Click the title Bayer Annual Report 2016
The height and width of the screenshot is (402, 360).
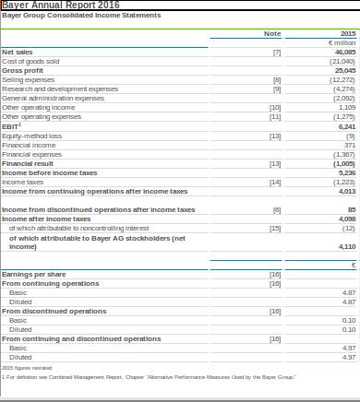click(61, 6)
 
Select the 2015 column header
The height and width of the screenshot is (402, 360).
click(347, 34)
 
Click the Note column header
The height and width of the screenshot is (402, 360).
click(272, 34)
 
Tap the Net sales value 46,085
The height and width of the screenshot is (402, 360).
click(344, 53)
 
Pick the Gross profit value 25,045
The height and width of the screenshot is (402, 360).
click(344, 70)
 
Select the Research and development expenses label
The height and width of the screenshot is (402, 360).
click(60, 89)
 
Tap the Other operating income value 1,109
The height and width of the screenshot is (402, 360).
click(346, 108)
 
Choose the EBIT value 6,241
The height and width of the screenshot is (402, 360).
click(346, 126)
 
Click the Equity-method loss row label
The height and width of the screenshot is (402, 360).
click(32, 136)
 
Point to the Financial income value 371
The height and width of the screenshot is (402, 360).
click(349, 145)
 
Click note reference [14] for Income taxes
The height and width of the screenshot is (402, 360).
click(275, 183)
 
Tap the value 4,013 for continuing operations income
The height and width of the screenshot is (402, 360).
click(346, 192)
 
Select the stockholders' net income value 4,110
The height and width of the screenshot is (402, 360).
click(346, 247)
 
